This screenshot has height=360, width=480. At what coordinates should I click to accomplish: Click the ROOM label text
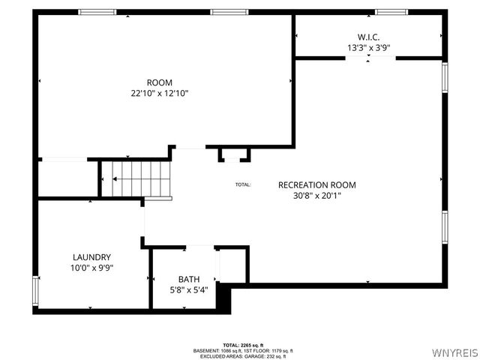click(x=159, y=82)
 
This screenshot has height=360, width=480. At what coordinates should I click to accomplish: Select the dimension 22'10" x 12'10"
click(x=159, y=94)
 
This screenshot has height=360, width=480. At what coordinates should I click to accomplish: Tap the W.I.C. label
click(x=368, y=36)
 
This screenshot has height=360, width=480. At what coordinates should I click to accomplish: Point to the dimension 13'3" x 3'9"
click(x=368, y=47)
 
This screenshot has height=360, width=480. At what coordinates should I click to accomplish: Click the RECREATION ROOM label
click(x=316, y=184)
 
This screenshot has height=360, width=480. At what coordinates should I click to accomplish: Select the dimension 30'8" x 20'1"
click(x=316, y=196)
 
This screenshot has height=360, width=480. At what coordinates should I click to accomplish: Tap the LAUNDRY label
click(x=92, y=256)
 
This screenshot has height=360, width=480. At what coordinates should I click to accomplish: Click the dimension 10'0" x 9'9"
click(x=92, y=267)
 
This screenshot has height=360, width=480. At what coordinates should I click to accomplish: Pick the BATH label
click(x=190, y=279)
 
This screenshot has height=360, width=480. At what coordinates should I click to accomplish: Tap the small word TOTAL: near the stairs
click(x=243, y=184)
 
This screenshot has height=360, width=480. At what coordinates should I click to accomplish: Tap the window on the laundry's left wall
click(x=34, y=288)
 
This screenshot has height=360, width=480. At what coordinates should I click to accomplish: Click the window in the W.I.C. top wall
click(x=391, y=12)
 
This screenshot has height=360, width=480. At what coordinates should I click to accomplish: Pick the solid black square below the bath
click(x=223, y=298)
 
